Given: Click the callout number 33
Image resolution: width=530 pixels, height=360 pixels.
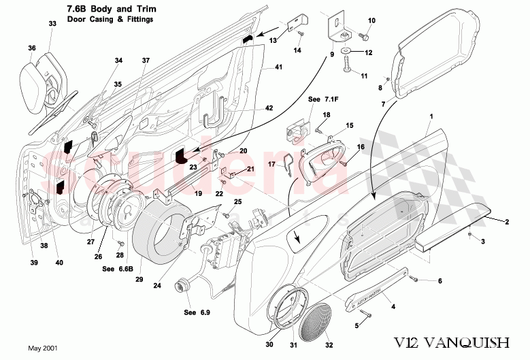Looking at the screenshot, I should point(52,24).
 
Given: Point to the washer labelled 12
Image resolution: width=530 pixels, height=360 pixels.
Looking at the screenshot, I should point(347,52).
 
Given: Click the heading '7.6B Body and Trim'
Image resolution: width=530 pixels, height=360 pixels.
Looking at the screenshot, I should point(112,9).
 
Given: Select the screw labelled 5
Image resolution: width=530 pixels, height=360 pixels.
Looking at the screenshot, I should point(367,314).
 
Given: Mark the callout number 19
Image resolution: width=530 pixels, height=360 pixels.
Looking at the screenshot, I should point(199,193).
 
